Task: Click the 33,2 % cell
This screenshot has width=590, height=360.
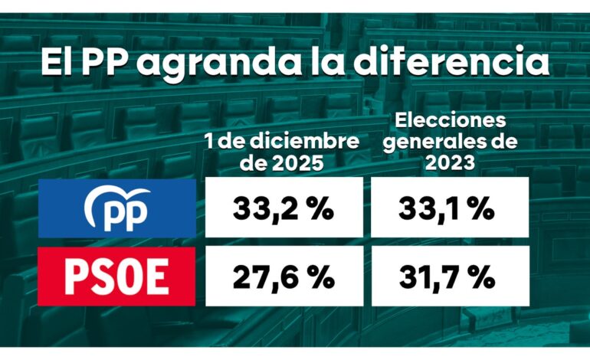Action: click(x=284, y=207)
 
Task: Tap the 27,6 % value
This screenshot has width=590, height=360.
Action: click(x=284, y=277)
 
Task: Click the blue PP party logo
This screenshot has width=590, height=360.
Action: click(x=116, y=207)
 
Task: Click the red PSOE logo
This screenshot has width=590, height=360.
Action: click(x=116, y=277)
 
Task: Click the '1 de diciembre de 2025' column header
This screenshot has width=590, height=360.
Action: click(x=281, y=152)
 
